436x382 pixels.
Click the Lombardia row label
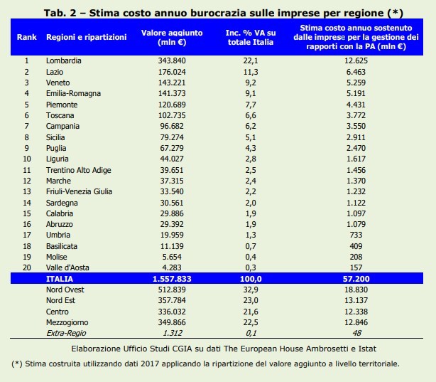(x=63, y=60)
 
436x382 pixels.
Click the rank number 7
(x=26, y=126)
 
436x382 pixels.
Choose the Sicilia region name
(x=58, y=137)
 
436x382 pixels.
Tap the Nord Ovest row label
(x=65, y=290)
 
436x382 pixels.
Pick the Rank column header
(x=26, y=36)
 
